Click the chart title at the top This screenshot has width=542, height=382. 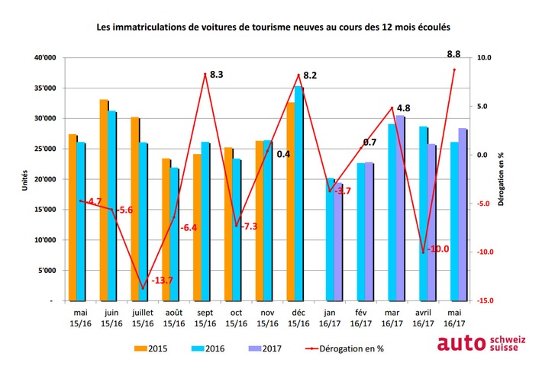[273, 26]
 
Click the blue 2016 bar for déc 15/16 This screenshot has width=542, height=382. [298, 194]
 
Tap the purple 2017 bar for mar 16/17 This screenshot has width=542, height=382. [400, 208]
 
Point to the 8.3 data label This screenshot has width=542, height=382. [216, 75]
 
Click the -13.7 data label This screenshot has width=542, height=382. [163, 281]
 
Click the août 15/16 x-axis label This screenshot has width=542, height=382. [174, 317]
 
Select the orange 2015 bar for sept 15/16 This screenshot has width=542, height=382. [197, 227]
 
